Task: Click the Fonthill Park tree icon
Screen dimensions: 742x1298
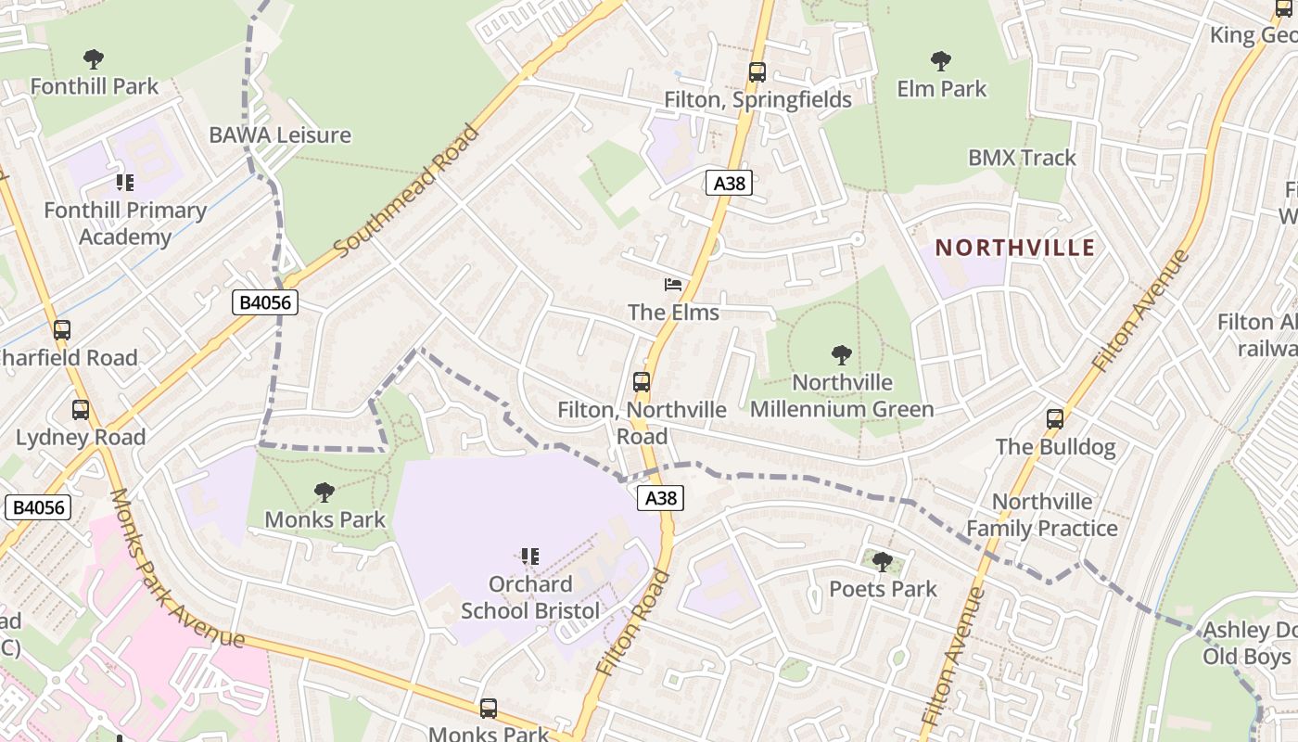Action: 94,60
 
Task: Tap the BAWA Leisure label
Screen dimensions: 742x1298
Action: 280,134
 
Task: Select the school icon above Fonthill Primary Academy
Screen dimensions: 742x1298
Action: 125,183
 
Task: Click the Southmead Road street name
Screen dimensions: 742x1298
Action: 407,191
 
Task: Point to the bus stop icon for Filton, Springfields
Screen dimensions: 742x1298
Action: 757,71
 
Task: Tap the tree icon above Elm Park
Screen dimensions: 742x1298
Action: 941,62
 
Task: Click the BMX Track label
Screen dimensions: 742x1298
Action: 1022,158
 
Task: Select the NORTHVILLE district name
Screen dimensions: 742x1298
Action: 1015,248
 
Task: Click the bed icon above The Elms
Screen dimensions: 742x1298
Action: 673,285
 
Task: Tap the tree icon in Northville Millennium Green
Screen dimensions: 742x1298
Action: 842,354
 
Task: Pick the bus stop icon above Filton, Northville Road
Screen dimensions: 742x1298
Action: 642,381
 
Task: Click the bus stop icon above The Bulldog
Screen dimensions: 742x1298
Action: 1055,418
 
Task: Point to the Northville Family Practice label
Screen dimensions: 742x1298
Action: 1042,515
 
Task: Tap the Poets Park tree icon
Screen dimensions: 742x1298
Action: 883,561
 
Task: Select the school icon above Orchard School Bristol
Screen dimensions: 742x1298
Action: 530,556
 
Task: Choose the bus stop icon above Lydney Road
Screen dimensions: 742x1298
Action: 81,409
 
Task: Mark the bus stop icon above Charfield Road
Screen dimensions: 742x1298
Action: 62,329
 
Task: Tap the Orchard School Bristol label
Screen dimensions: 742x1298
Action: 530,597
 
